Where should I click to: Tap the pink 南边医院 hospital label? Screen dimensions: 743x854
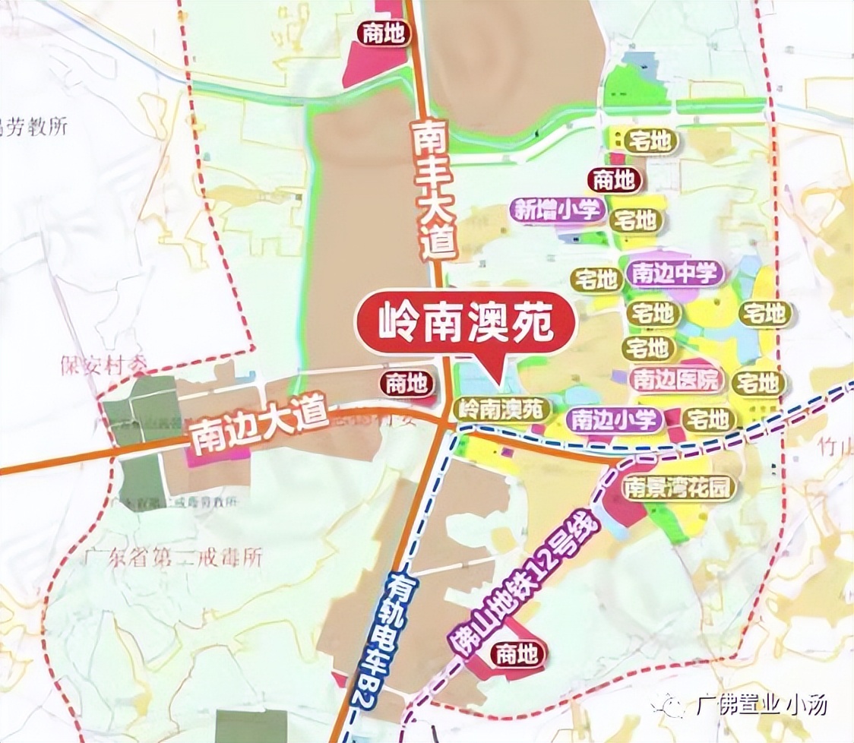(x=676, y=379)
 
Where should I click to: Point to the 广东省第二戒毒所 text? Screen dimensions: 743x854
(x=172, y=558)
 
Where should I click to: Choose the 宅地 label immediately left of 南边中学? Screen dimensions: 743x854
(x=596, y=280)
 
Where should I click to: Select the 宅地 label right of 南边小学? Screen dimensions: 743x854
(x=707, y=419)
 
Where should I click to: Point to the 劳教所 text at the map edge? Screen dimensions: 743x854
(x=34, y=126)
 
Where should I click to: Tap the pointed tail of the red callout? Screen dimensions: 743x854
(x=495, y=384)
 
